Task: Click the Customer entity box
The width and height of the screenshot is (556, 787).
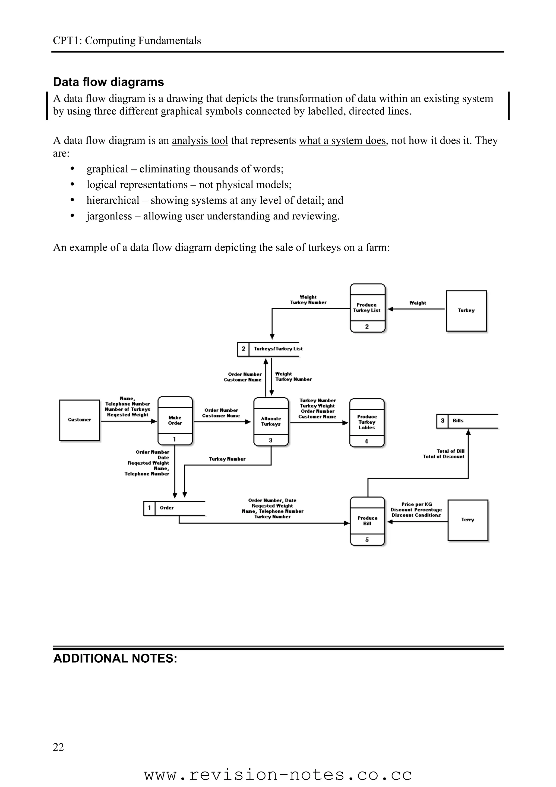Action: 80,420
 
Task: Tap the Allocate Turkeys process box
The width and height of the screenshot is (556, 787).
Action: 271,421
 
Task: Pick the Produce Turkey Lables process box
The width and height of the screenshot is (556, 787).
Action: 367,422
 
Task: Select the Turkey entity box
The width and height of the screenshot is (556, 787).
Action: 466,311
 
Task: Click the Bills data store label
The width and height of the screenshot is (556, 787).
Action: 458,421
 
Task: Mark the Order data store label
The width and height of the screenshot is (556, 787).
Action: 167,508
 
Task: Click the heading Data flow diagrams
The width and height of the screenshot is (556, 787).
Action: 109,82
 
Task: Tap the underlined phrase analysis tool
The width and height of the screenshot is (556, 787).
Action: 200,141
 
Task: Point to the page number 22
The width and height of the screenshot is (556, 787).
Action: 59,747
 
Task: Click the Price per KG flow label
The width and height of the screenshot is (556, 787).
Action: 416,504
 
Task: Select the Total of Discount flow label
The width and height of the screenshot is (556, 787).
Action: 444,457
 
